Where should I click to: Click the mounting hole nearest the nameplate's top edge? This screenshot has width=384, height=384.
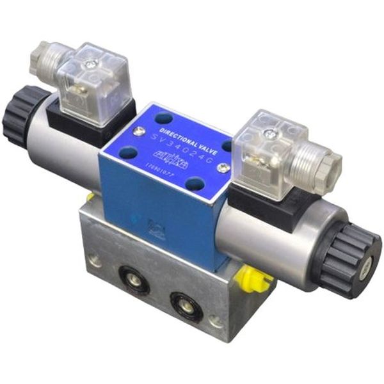pyautogui.click(x=165, y=118)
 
